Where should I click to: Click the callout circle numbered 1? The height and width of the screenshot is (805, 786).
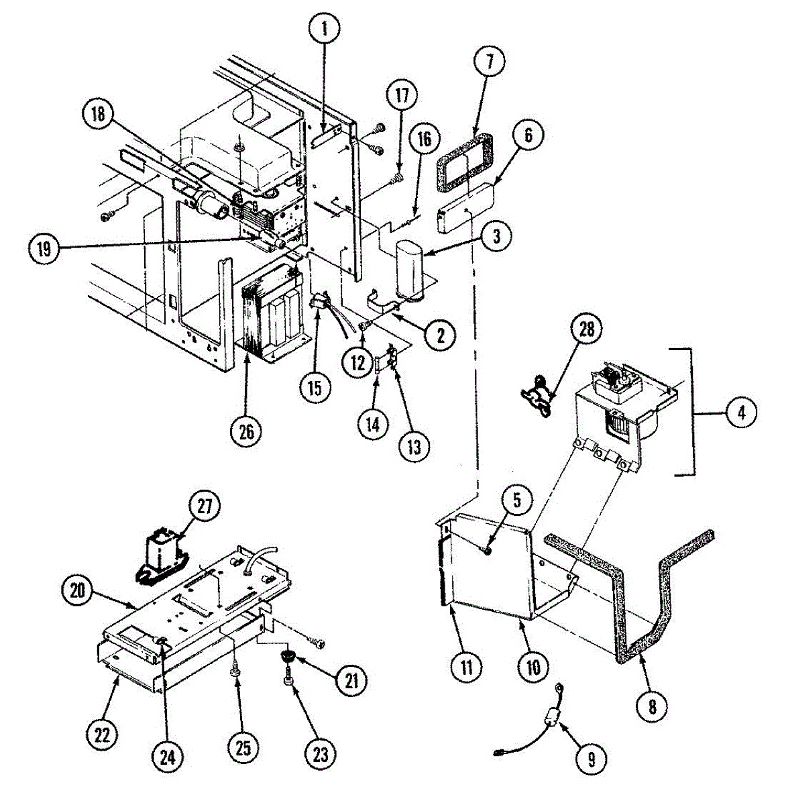click(x=325, y=29)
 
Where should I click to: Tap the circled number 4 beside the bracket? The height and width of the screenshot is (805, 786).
click(x=741, y=412)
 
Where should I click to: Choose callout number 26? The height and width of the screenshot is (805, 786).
click(x=246, y=431)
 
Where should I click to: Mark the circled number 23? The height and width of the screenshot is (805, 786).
click(x=321, y=753)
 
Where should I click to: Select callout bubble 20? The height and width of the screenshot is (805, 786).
click(x=78, y=590)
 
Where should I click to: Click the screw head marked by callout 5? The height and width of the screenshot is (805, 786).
click(x=488, y=550)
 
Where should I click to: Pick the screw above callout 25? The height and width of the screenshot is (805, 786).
click(x=235, y=670)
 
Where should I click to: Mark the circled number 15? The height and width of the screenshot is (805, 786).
click(x=315, y=387)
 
